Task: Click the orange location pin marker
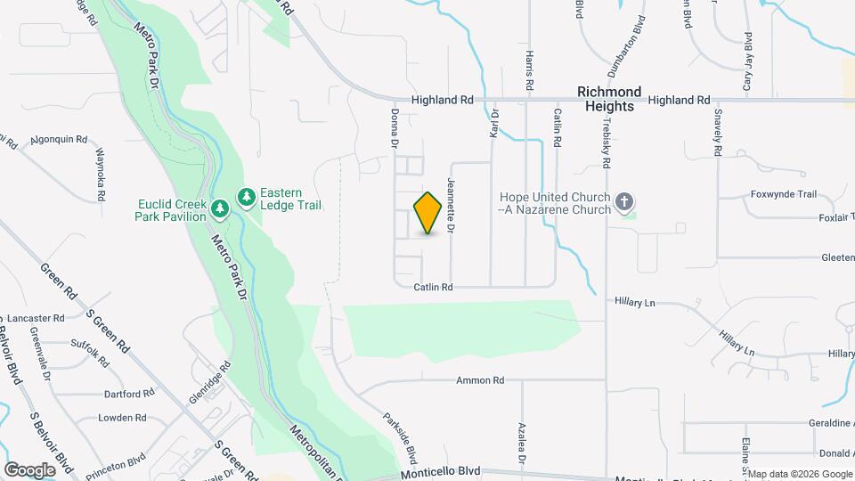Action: pyautogui.click(x=428, y=213)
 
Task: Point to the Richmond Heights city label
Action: pyautogui.click(x=609, y=99)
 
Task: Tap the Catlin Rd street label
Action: pyautogui.click(x=434, y=287)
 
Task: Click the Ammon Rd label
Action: pyautogui.click(x=480, y=380)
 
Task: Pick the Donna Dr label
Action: pyautogui.click(x=394, y=129)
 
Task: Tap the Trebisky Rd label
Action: pyautogui.click(x=606, y=143)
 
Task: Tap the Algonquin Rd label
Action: pyautogui.click(x=58, y=140)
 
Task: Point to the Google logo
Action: pyautogui.click(x=29, y=469)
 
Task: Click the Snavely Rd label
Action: pyautogui.click(x=718, y=132)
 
